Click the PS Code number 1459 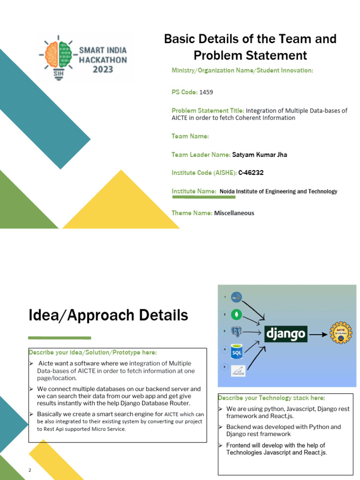(206, 92)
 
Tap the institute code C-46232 (251, 172)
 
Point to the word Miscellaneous (234, 213)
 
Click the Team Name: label (190, 136)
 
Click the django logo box (286, 334)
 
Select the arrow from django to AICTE (318, 334)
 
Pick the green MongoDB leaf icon (239, 315)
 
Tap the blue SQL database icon (238, 351)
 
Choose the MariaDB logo (239, 371)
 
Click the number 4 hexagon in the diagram (225, 349)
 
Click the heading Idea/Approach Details (108, 315)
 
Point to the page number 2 (30, 470)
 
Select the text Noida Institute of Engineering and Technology (278, 191)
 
